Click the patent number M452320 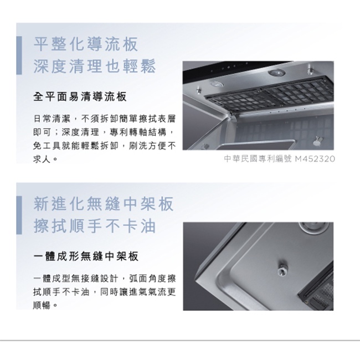(x=315, y=158)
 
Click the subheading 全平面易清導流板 (x=80, y=97)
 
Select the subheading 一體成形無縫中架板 (x=86, y=256)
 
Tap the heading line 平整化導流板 (x=86, y=44)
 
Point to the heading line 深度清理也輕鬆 (x=95, y=66)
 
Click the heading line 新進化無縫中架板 (x=104, y=204)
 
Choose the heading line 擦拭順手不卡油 (x=95, y=226)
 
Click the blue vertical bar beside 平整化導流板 (x=19, y=55)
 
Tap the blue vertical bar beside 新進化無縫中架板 (x=19, y=215)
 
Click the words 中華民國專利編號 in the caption (x=258, y=158)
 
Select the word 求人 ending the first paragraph (x=42, y=159)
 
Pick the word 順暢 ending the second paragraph (x=42, y=306)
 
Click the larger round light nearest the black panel (x=277, y=73)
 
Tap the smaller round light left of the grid (x=217, y=85)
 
